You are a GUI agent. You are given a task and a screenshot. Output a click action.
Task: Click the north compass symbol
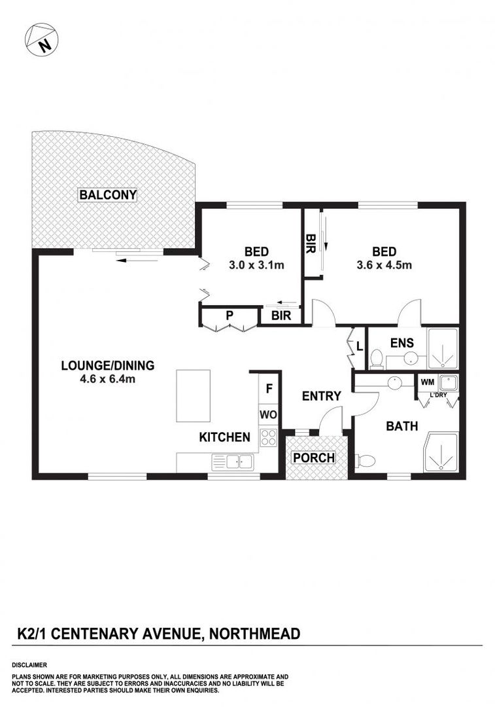coord(41,39)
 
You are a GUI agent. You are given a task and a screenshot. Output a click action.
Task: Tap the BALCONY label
coord(108,195)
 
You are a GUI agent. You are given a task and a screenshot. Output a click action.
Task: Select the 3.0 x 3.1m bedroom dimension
coord(256,265)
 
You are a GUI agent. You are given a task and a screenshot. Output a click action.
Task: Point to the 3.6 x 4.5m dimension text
coord(384,265)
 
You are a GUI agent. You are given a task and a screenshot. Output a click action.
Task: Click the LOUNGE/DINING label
coord(108,365)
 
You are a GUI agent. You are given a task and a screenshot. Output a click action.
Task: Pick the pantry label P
coord(230,316)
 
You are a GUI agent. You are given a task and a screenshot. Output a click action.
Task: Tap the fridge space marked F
coord(269,388)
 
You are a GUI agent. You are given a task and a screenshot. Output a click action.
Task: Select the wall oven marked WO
coord(269,414)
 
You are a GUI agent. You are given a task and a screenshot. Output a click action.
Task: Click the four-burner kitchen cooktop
coord(269,437)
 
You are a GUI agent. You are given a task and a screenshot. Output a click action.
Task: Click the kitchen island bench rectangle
coord(193,396)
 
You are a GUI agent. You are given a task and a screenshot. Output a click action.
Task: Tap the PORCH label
coord(314,458)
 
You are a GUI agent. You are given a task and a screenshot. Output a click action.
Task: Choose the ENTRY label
coord(321,396)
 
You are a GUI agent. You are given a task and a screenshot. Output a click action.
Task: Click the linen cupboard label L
coord(360,347)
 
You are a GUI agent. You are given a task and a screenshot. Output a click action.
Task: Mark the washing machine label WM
coord(428,382)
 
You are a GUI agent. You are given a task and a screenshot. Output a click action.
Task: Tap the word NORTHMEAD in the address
coord(254,634)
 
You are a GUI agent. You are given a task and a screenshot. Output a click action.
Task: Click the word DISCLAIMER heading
coord(29,665)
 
